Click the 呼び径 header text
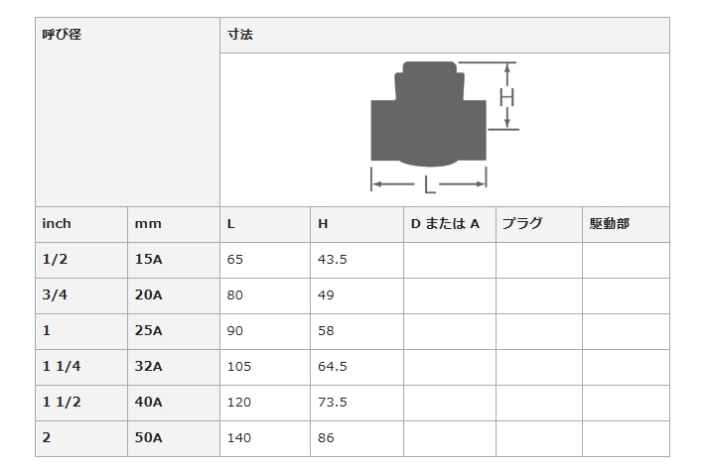pos(62,35)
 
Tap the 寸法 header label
pos(240,35)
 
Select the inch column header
pos(57,224)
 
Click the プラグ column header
pos(522,224)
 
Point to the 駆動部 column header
pos(610,224)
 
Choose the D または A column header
pos(445,224)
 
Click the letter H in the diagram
pos(506,97)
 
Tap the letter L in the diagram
pos(429,184)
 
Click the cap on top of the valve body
pos(429,67)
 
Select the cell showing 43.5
pos(333,260)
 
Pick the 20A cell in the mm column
pos(148,295)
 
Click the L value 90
pos(235,331)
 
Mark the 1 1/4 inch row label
pos(62,366)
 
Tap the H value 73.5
pos(333,403)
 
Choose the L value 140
pos(239,438)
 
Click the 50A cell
pos(148,438)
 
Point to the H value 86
pos(326,438)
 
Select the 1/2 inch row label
pos(55,260)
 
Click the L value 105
pos(239,366)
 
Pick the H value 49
pos(326,295)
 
